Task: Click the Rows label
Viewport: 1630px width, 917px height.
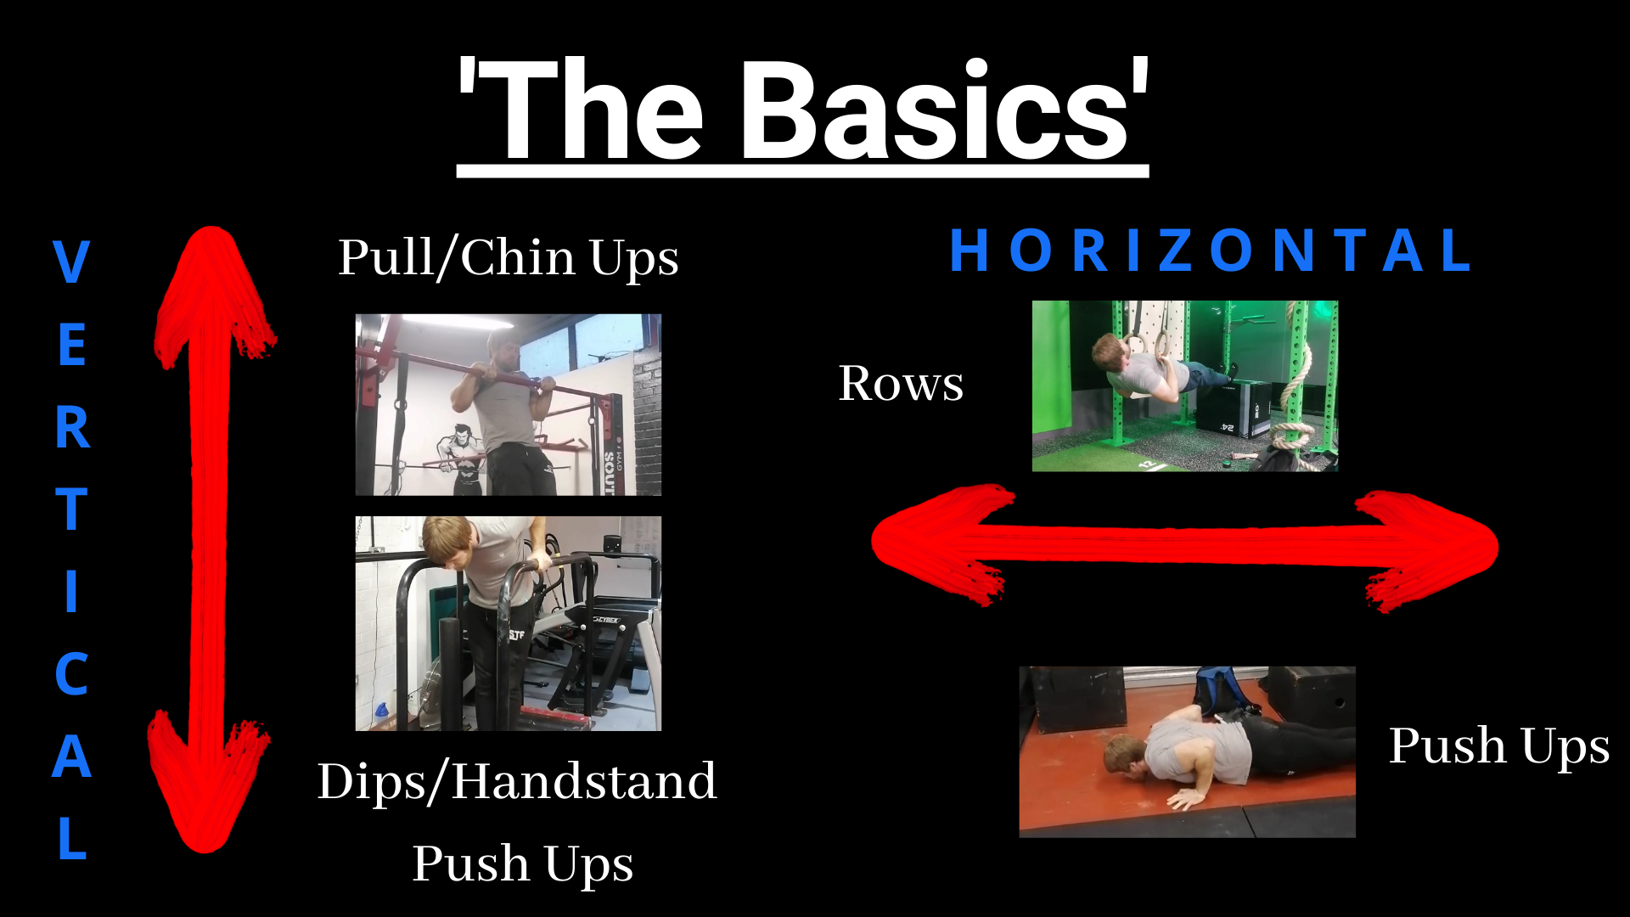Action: tap(901, 383)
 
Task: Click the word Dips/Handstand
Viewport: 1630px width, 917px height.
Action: tap(517, 781)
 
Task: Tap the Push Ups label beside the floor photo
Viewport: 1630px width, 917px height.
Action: tap(1498, 746)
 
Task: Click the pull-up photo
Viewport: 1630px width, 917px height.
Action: tap(508, 404)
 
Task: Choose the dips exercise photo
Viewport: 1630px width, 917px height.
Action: tap(508, 623)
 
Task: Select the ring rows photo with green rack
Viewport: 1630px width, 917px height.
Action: tap(1184, 385)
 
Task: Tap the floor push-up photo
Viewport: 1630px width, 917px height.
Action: tap(1187, 751)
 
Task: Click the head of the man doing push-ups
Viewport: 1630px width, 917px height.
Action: tap(1125, 756)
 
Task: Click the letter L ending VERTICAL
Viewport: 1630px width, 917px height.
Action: tap(73, 838)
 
